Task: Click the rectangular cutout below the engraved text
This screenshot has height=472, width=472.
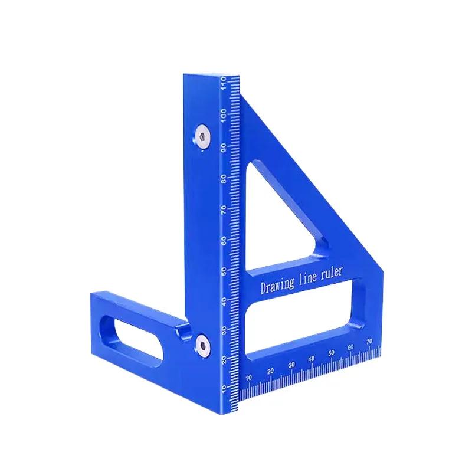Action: tap(301, 322)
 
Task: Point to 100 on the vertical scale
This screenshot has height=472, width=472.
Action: tap(224, 114)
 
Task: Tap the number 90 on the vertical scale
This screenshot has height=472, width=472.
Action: tap(224, 147)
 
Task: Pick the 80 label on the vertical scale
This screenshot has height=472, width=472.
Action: tap(224, 178)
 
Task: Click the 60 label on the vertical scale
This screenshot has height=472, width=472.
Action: tap(224, 240)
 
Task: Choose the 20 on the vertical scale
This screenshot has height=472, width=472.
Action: tap(224, 359)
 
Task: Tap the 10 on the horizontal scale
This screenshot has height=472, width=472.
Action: tap(249, 377)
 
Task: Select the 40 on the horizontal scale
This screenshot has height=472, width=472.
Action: tap(312, 359)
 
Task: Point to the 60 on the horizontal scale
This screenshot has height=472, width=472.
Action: tap(352, 347)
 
